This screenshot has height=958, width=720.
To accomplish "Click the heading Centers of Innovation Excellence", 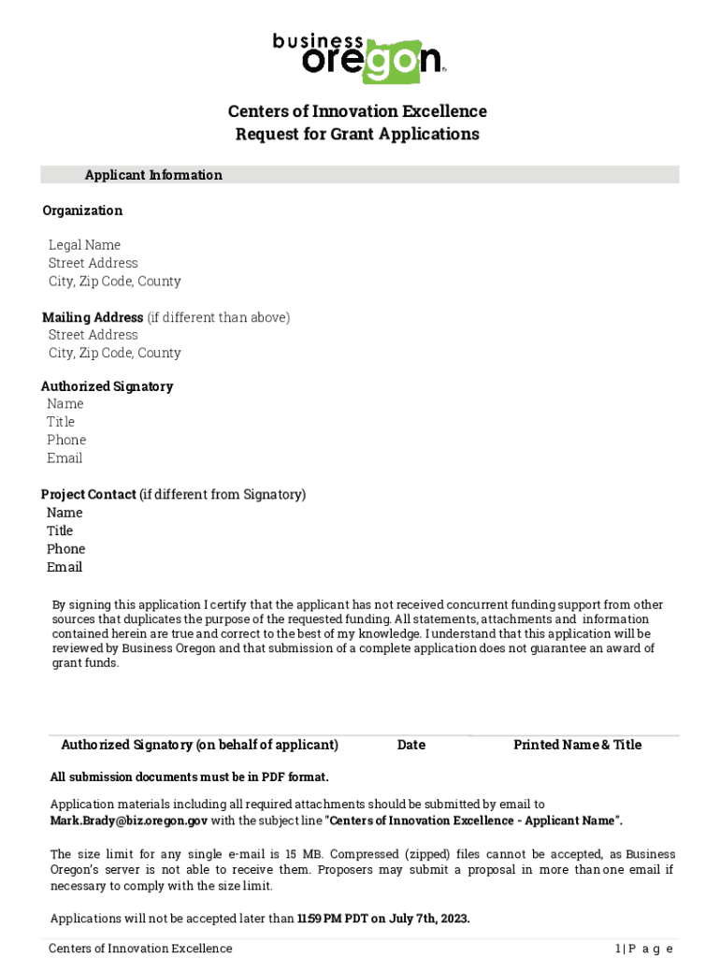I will coord(357,111).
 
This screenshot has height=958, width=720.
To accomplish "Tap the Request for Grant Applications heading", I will coord(357,134).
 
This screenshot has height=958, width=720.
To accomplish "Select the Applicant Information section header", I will coord(153,175).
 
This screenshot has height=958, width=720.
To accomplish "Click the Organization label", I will coord(82,210).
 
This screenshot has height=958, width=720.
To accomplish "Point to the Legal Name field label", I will coord(84,245).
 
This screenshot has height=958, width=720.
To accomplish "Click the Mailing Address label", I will coord(93,317).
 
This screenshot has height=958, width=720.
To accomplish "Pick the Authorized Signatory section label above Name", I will coord(107,386).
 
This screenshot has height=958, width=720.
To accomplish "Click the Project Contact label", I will coord(89,494).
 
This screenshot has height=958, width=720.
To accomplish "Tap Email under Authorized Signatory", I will coord(65,457).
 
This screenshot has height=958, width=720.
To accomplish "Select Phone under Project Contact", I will coord(65,548).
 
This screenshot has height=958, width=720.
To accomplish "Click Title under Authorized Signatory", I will coord(61,422).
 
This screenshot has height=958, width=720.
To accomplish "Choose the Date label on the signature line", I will coord(410,745).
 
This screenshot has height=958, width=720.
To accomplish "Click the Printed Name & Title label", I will coord(577,745).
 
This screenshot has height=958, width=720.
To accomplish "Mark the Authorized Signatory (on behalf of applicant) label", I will coord(199,745).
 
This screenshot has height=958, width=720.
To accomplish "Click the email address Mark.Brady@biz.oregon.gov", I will coord(129,820).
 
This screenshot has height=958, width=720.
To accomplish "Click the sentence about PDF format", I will coord(189,777).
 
